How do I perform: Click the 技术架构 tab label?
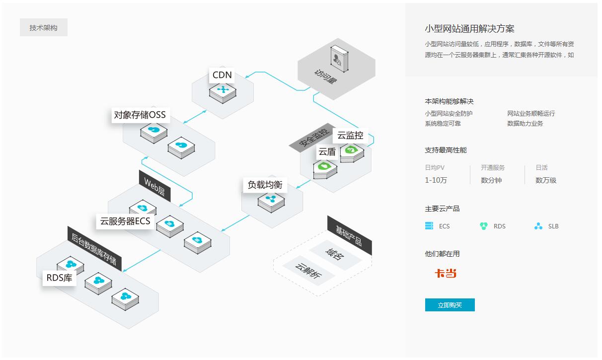click(43, 28)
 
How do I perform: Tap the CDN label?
click(222, 75)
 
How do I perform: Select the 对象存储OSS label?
click(140, 116)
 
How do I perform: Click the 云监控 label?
click(350, 135)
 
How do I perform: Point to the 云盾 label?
click(327, 152)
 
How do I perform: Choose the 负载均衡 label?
click(265, 185)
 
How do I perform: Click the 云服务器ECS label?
click(125, 221)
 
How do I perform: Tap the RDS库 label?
click(59, 278)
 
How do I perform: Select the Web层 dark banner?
click(154, 187)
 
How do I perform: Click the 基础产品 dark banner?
click(349, 235)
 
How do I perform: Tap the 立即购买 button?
click(450, 305)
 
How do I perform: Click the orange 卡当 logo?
click(446, 274)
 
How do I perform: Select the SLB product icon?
click(538, 226)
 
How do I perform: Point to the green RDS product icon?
click(484, 226)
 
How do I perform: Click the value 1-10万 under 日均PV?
click(436, 180)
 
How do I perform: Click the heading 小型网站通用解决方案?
click(469, 29)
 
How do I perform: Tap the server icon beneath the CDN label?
click(223, 92)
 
